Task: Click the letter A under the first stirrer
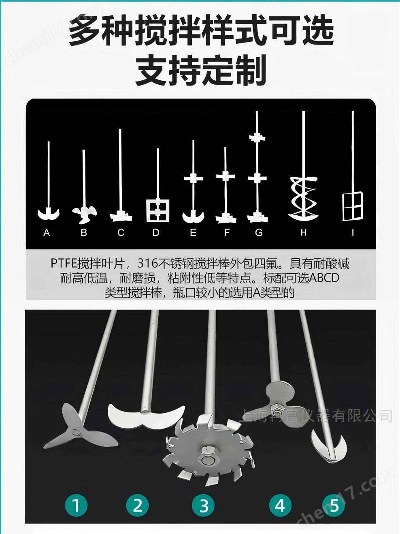[x=47, y=233]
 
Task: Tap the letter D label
[x=156, y=233]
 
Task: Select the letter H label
[x=303, y=233]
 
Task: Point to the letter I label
[x=353, y=233]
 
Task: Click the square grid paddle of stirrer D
[x=158, y=210]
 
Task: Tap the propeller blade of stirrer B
[x=84, y=214]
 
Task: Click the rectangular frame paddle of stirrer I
[x=353, y=206]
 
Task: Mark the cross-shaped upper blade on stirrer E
[x=194, y=178]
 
